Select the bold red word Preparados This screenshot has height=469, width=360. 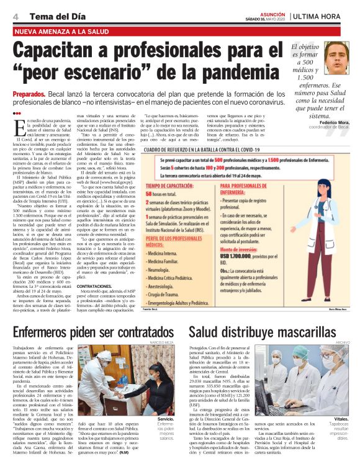pos(29,93)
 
